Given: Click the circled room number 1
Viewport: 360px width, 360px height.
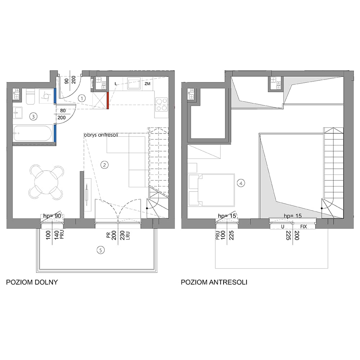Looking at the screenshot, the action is (82, 98).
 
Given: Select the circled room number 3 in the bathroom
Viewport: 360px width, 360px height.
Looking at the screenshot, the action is (33, 117).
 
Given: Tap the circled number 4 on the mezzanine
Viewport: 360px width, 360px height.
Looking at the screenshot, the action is (241, 183).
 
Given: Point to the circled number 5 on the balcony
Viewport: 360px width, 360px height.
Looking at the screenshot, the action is (100, 250).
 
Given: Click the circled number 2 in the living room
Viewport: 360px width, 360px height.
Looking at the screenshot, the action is (104, 165).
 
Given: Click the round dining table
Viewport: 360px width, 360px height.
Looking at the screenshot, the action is (46, 182).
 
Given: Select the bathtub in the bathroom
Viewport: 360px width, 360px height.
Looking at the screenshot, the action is (33, 133).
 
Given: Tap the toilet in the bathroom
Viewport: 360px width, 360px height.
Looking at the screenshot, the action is (30, 96).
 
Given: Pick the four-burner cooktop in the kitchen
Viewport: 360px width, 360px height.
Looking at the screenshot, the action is (161, 104).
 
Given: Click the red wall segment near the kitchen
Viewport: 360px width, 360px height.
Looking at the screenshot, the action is (108, 100).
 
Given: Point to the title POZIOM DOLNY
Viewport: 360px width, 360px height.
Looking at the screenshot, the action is (32, 282).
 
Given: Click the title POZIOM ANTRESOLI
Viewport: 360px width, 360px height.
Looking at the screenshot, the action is (214, 282).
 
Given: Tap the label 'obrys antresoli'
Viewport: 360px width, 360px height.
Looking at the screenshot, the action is (101, 135).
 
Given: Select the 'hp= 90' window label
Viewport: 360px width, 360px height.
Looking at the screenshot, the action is (52, 216).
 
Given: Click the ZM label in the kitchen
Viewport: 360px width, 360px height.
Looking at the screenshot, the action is (147, 84).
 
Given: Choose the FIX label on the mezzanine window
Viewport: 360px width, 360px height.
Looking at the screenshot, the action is (303, 226).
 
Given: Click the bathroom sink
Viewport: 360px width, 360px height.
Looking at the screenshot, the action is (17, 113).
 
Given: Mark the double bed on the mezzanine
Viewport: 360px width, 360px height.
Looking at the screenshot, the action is (211, 190).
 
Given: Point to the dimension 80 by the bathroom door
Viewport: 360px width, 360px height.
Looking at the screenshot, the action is (63, 111).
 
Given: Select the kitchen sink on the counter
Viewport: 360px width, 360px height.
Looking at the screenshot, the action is (134, 83).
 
